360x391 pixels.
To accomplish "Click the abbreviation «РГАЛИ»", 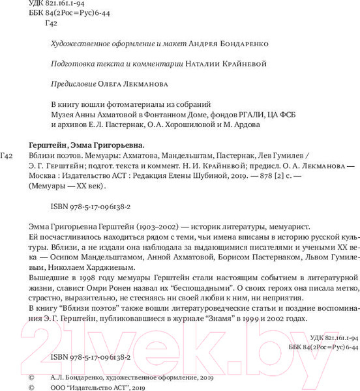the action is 253,113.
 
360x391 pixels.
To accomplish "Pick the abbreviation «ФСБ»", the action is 291,113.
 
